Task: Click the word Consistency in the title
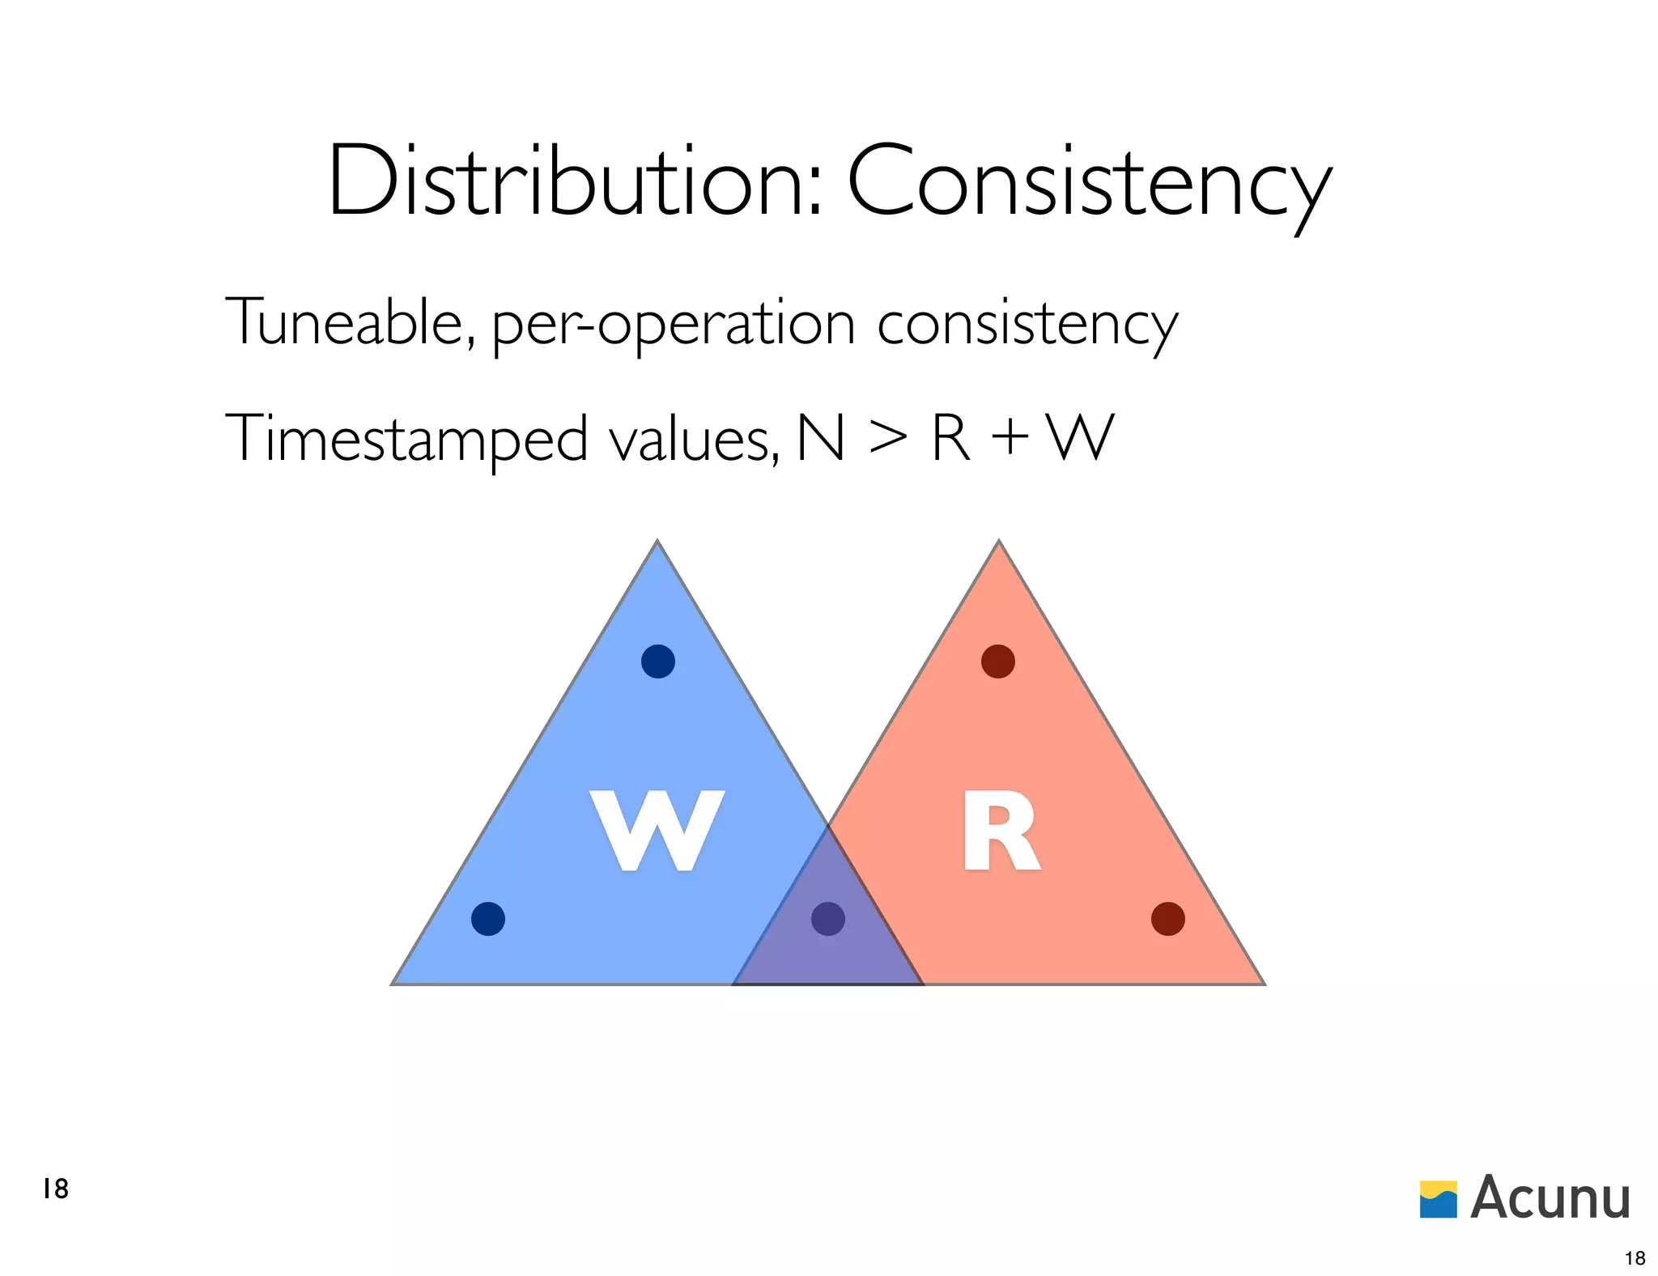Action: click(x=1088, y=183)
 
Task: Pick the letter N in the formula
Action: click(x=821, y=438)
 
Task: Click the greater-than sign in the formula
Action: click(x=887, y=438)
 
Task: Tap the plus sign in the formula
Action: click(x=1010, y=438)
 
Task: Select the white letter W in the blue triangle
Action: click(x=657, y=831)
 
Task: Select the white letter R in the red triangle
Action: click(x=1000, y=832)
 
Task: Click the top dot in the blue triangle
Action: click(x=658, y=661)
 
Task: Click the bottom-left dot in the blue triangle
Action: click(x=488, y=919)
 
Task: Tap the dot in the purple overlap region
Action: click(x=828, y=919)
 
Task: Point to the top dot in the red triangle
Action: click(x=998, y=661)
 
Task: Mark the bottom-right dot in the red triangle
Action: click(x=1168, y=919)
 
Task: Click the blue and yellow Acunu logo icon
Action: click(x=1438, y=1200)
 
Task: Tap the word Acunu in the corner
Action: click(x=1550, y=1197)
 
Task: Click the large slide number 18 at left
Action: click(x=56, y=1189)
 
